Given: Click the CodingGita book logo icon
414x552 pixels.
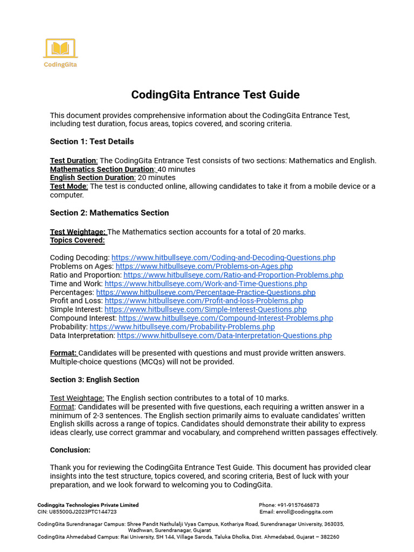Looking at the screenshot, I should coord(60,49).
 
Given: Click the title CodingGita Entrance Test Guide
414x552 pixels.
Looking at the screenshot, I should coord(215,95).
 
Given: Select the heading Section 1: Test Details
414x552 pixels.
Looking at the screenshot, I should coord(92,141).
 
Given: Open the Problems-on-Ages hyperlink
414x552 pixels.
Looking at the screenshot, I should coord(204,266).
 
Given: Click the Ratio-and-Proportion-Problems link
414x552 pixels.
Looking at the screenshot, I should coord(233,275).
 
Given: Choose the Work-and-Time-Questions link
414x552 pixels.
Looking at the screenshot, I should coord(205,284).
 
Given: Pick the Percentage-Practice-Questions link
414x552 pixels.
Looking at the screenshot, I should coord(205,292).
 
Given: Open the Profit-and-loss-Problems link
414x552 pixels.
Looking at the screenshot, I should coord(204,301).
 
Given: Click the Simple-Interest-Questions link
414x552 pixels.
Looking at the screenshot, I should coord(205,309).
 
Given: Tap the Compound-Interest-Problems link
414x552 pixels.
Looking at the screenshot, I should coord(226,318).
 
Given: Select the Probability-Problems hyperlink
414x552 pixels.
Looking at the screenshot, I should coord(182,327).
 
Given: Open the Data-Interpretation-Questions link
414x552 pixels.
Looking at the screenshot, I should coord(224,335).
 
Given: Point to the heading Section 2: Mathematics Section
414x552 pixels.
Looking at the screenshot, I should coord(109,212).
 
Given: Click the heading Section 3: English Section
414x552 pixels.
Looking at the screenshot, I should coord(94,379).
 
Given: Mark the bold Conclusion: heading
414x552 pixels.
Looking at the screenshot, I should coord(70,450).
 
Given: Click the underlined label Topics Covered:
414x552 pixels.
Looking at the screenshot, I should coord(77,240).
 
